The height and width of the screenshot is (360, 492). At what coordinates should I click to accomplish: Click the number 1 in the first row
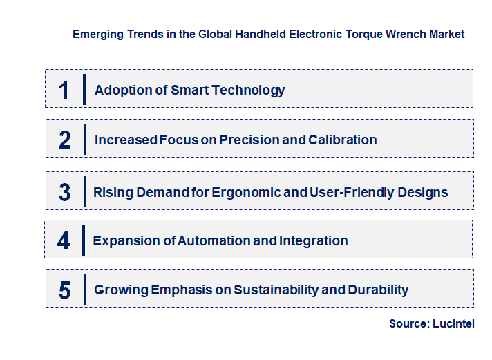(x=64, y=90)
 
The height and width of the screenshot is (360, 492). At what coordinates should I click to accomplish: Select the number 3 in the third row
(x=64, y=192)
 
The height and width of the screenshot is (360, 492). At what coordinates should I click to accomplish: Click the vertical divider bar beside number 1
(x=83, y=90)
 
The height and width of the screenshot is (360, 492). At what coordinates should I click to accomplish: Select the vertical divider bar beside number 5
(x=83, y=290)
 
